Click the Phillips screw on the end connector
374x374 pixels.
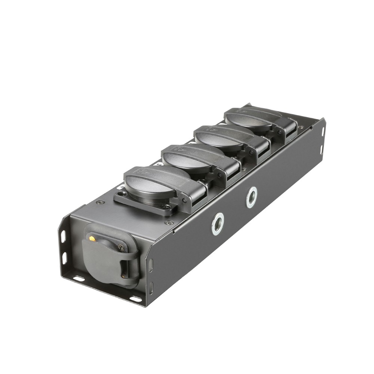[x=121, y=247]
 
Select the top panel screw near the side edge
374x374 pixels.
[x=167, y=223]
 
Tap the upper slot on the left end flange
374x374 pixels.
[x=63, y=237]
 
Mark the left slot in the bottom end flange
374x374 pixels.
[x=79, y=279]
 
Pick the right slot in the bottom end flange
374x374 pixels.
[x=135, y=299]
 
